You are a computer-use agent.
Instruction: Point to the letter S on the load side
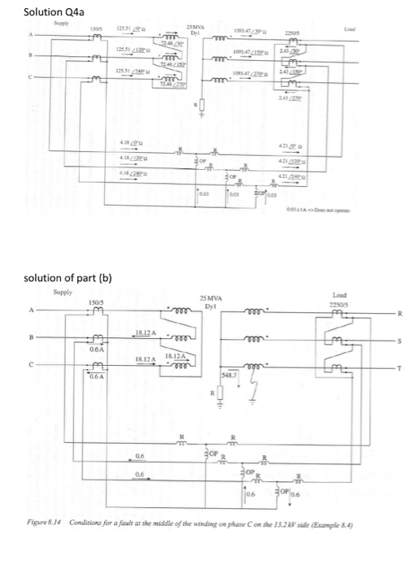coord(398,344)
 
